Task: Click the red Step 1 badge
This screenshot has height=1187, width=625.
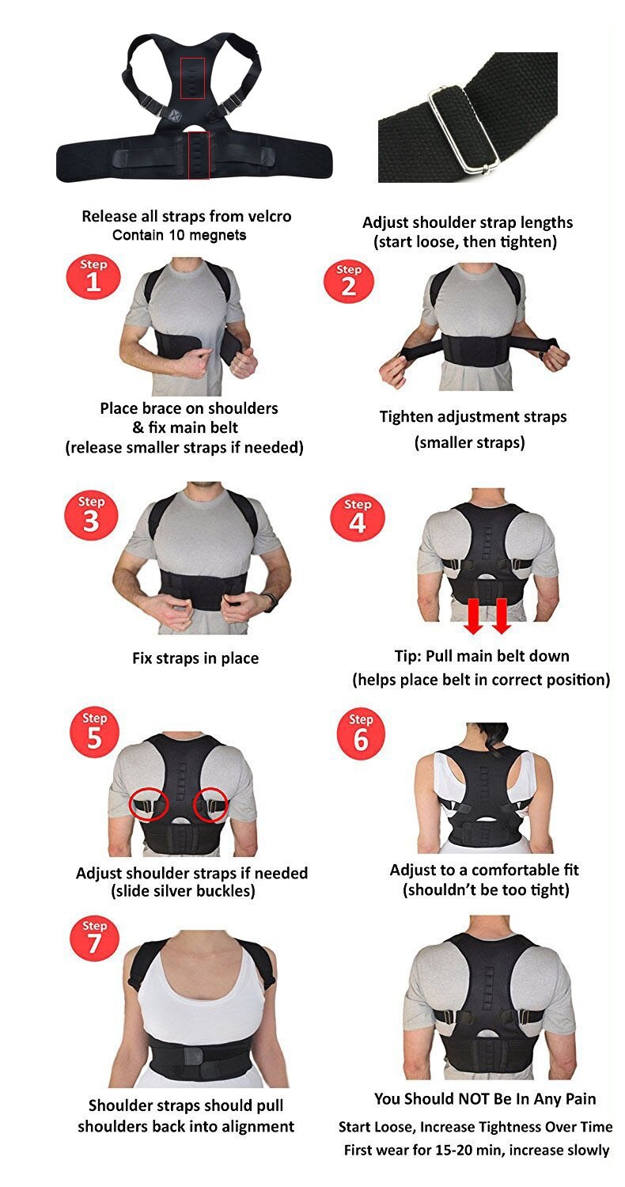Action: [x=93, y=275]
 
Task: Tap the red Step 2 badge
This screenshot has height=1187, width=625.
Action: [x=348, y=278]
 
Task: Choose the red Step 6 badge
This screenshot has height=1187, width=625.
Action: [x=361, y=733]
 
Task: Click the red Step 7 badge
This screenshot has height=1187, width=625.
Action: [x=94, y=939]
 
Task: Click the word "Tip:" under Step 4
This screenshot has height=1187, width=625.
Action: [x=411, y=656]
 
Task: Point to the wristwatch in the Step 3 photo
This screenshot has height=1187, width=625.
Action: [x=271, y=601]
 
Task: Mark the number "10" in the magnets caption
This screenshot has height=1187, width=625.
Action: [x=169, y=235]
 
